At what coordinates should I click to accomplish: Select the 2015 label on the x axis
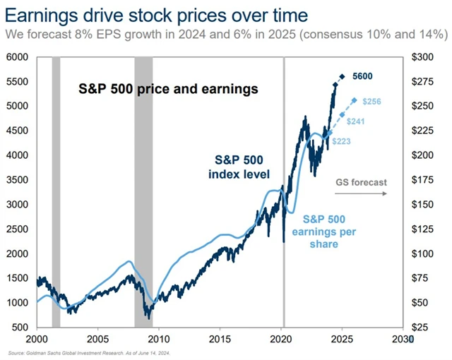220,339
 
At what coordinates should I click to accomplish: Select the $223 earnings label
340,141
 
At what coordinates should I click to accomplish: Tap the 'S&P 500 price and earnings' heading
167,89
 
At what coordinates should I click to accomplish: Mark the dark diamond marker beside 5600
343,77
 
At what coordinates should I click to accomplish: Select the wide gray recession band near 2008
143,191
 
